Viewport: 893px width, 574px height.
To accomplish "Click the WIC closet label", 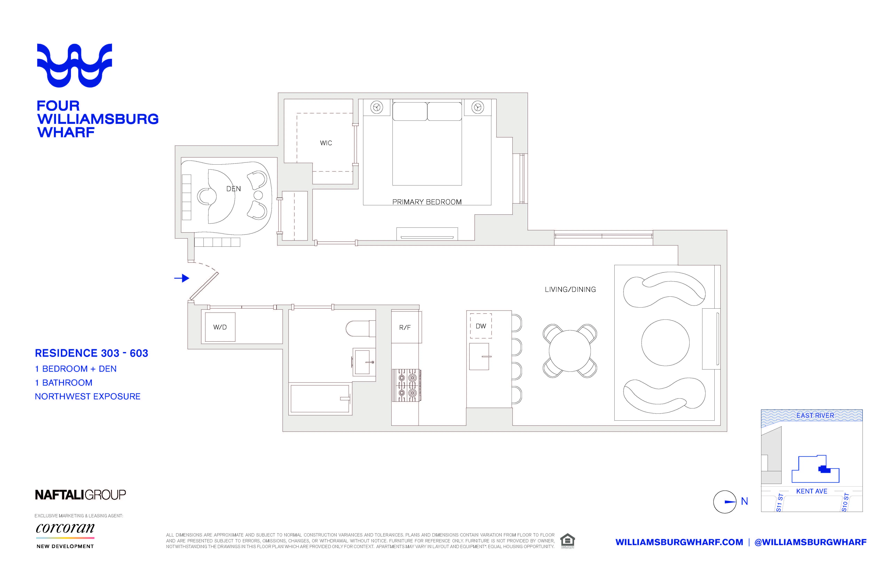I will (x=326, y=143).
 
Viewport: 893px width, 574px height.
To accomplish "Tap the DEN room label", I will (x=234, y=189).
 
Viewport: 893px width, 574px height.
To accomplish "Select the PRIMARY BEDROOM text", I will (x=427, y=202).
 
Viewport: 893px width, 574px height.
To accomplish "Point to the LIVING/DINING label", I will (x=570, y=290).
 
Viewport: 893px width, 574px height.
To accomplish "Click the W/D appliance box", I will (x=220, y=327).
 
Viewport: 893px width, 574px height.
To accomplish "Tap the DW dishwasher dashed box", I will (x=481, y=326).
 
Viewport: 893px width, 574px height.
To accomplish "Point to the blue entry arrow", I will (x=182, y=278).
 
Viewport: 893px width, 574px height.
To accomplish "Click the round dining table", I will (x=570, y=351).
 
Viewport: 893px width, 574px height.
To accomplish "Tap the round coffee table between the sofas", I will (x=665, y=342).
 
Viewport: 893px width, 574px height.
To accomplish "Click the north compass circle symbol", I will (x=725, y=502).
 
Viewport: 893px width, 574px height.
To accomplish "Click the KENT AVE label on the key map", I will (x=811, y=491).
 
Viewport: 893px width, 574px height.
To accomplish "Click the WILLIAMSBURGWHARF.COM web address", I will (x=679, y=542).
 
